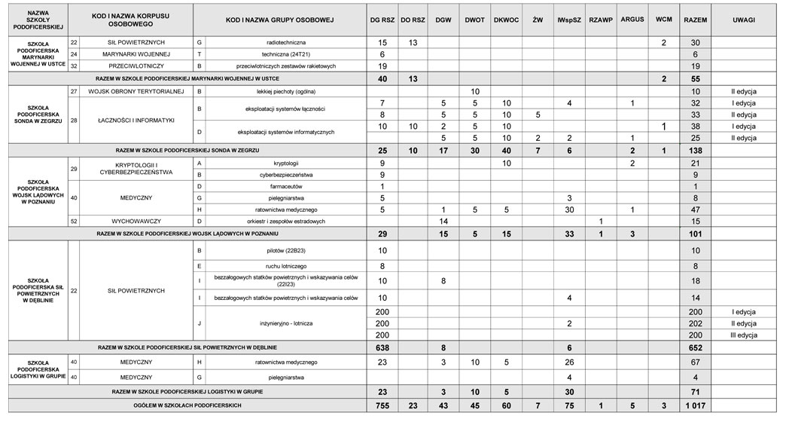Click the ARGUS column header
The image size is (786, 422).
(632, 18)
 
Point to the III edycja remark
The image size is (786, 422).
(742, 334)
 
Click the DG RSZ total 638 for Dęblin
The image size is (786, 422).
(382, 347)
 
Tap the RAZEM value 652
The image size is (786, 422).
(694, 347)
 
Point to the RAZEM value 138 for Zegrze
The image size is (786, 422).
(694, 151)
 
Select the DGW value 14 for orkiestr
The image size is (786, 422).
(444, 221)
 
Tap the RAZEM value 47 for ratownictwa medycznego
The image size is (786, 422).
(694, 209)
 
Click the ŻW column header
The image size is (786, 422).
(538, 18)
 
